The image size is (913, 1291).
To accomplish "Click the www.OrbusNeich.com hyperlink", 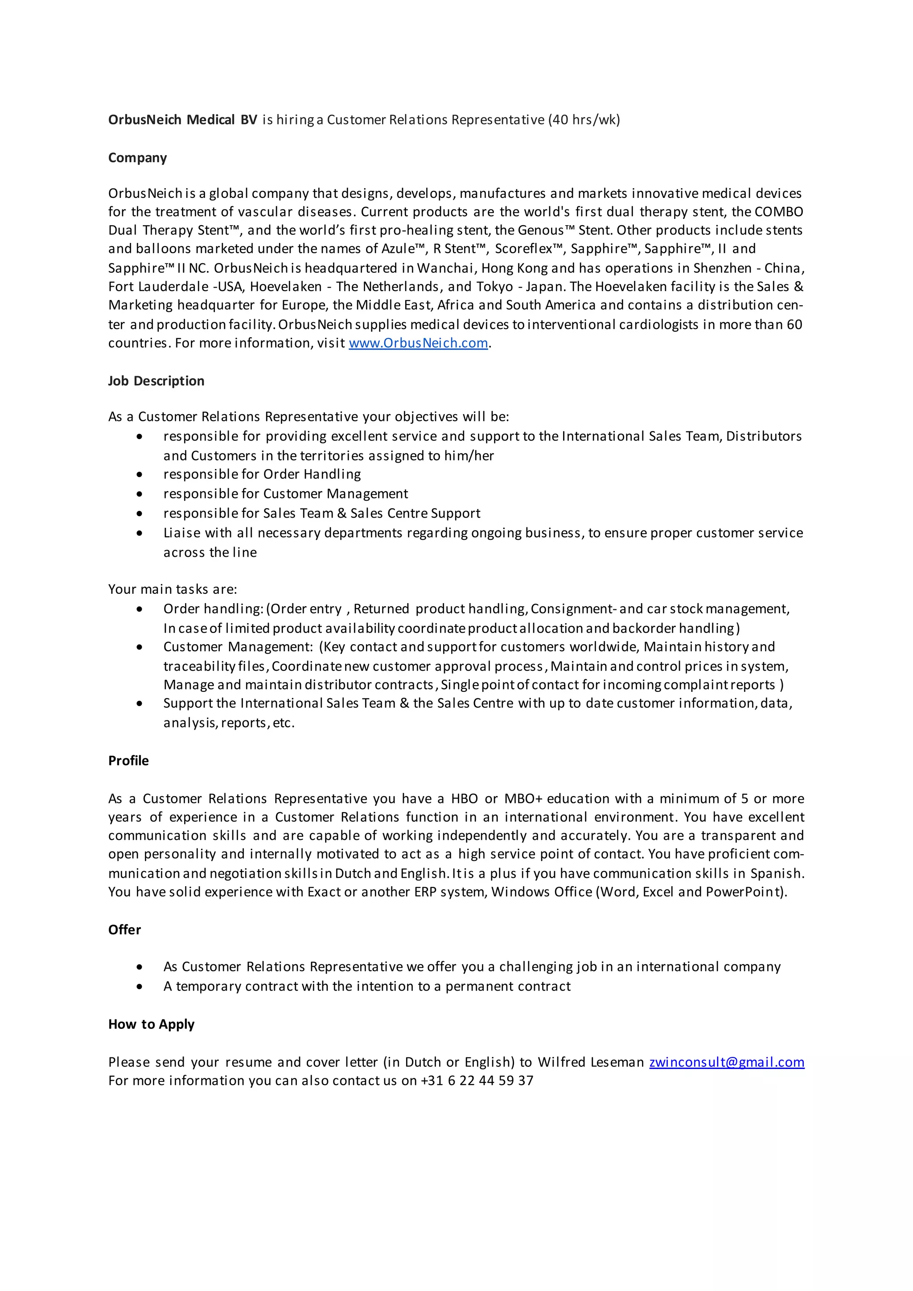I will (418, 343).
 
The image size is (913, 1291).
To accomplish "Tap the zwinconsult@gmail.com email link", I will (726, 1062).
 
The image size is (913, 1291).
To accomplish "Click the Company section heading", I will (137, 158).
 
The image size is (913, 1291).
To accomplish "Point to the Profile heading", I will (128, 761).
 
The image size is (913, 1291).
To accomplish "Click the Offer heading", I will (124, 929).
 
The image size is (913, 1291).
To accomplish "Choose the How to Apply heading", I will (151, 1024).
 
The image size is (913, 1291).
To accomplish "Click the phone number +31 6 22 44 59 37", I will (477, 1081).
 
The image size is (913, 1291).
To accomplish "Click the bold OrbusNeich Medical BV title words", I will (182, 120).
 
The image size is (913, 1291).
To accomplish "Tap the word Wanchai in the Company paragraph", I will (446, 268).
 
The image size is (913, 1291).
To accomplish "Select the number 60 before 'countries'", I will (794, 325).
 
